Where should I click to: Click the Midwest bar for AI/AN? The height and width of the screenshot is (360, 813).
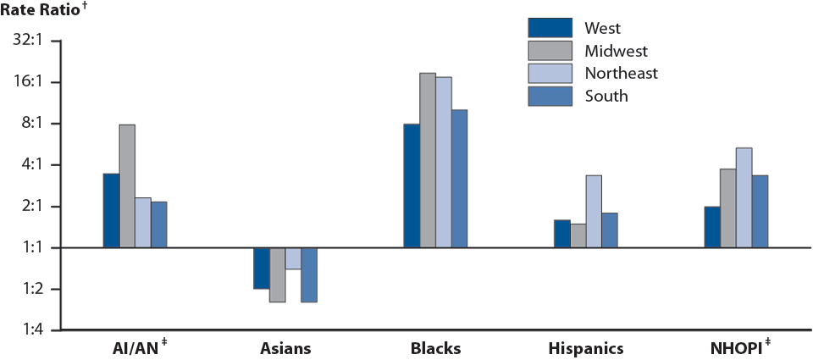tap(127, 186)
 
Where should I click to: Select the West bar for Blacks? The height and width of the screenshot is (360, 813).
tap(412, 186)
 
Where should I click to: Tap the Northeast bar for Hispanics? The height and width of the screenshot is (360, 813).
tap(594, 212)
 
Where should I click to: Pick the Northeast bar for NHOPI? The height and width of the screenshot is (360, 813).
tap(744, 198)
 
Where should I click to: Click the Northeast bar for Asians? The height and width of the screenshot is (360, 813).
tap(293, 258)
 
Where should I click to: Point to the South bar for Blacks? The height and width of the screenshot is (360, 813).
tap(459, 179)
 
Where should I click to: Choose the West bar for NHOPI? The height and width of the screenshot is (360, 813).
tap(712, 227)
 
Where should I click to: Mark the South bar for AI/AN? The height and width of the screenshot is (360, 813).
tap(159, 224)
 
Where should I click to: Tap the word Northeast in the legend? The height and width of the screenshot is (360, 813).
tap(621, 73)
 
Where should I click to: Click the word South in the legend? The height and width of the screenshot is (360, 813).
tap(606, 96)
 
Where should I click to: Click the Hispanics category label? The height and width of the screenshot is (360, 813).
tap(586, 348)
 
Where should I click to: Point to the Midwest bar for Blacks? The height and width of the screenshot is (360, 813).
tap(428, 161)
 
